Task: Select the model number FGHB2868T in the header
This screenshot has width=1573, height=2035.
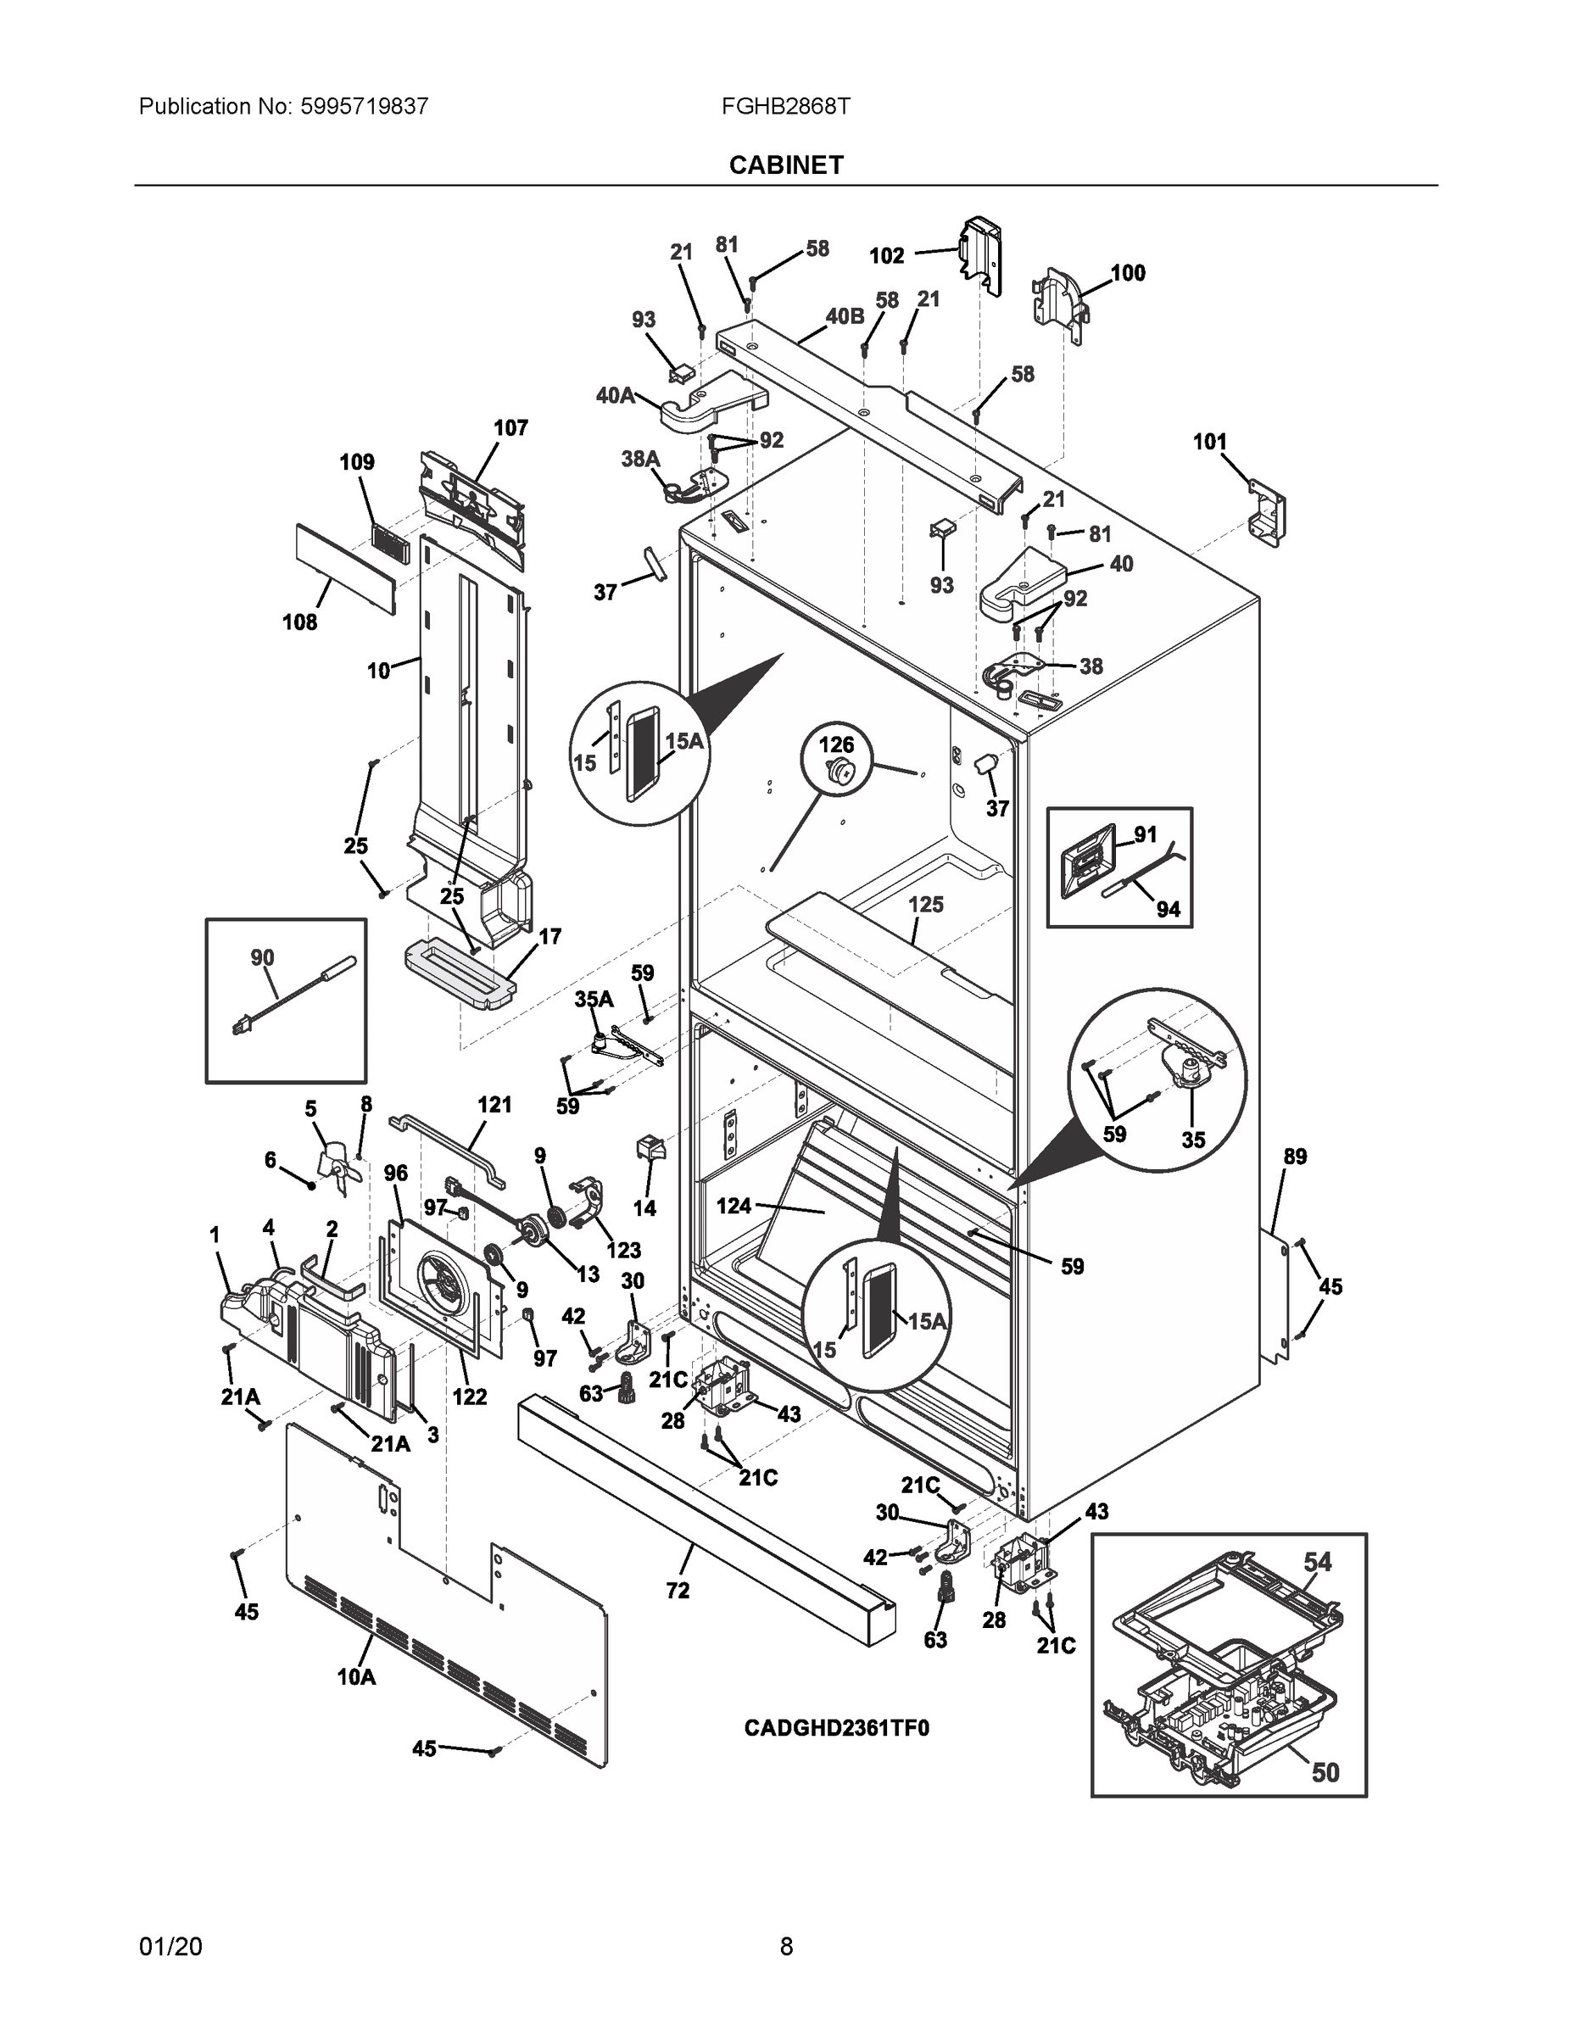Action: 784,106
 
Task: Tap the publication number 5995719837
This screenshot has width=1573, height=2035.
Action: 365,106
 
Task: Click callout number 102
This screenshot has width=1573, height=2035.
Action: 886,255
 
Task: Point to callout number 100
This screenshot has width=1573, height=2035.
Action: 1128,273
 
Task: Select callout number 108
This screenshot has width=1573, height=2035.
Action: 300,622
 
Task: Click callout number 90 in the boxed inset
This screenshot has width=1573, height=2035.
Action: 262,957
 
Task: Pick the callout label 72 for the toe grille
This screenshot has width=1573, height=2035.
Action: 678,1591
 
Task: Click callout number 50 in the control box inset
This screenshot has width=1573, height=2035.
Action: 1325,1771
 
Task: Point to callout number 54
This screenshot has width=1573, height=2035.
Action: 1317,1561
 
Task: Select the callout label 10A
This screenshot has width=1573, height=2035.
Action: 356,1677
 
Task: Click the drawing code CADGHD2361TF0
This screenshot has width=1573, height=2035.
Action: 836,1728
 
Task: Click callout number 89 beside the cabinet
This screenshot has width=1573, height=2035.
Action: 1296,1157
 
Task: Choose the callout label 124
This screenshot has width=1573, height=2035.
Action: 734,1206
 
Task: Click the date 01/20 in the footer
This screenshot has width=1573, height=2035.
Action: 170,1947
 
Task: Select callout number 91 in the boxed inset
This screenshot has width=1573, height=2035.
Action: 1146,834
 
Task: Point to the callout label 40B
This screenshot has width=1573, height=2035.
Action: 845,316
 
